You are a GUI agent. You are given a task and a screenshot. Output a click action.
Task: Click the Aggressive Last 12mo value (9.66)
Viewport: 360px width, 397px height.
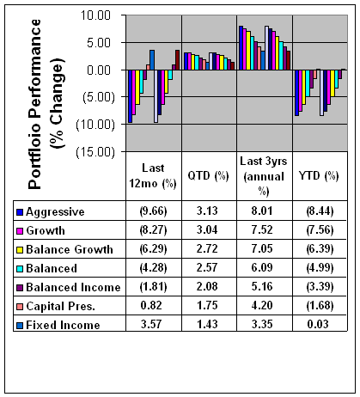(153, 211)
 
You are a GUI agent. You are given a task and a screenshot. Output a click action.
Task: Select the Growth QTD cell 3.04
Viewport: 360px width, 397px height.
(207, 229)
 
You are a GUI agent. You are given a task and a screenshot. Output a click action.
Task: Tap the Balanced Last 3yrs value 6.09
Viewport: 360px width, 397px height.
(262, 267)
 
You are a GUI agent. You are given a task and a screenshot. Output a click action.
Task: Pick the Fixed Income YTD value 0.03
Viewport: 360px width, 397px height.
(318, 324)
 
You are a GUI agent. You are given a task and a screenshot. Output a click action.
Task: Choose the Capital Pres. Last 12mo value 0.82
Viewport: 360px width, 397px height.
(151, 305)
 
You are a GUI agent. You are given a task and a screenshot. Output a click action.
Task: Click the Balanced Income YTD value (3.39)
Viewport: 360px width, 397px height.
(320, 286)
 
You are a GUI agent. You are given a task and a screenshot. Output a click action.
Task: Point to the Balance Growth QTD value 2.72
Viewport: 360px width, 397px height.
(207, 248)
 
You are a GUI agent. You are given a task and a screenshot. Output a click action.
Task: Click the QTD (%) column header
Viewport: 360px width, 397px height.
(208, 175)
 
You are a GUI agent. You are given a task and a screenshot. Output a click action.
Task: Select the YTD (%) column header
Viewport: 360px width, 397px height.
(319, 175)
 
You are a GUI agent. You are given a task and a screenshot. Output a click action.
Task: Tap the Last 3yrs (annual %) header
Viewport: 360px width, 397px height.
(264, 176)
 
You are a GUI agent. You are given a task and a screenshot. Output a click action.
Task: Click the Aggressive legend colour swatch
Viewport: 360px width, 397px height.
(20, 212)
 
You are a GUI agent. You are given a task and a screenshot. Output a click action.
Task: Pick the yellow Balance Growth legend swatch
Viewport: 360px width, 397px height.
(20, 250)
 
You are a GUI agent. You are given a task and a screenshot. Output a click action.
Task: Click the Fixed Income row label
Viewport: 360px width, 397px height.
(63, 325)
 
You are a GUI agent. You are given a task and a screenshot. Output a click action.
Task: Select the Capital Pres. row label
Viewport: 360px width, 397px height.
(60, 306)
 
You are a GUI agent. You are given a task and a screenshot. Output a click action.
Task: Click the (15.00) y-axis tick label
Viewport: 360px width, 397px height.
(95, 151)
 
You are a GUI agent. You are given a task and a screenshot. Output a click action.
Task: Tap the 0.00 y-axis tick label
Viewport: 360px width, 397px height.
(99, 70)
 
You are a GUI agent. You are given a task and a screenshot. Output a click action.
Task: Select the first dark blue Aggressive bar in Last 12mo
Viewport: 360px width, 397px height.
(131, 96)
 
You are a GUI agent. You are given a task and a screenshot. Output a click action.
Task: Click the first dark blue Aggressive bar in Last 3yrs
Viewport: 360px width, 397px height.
(241, 48)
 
